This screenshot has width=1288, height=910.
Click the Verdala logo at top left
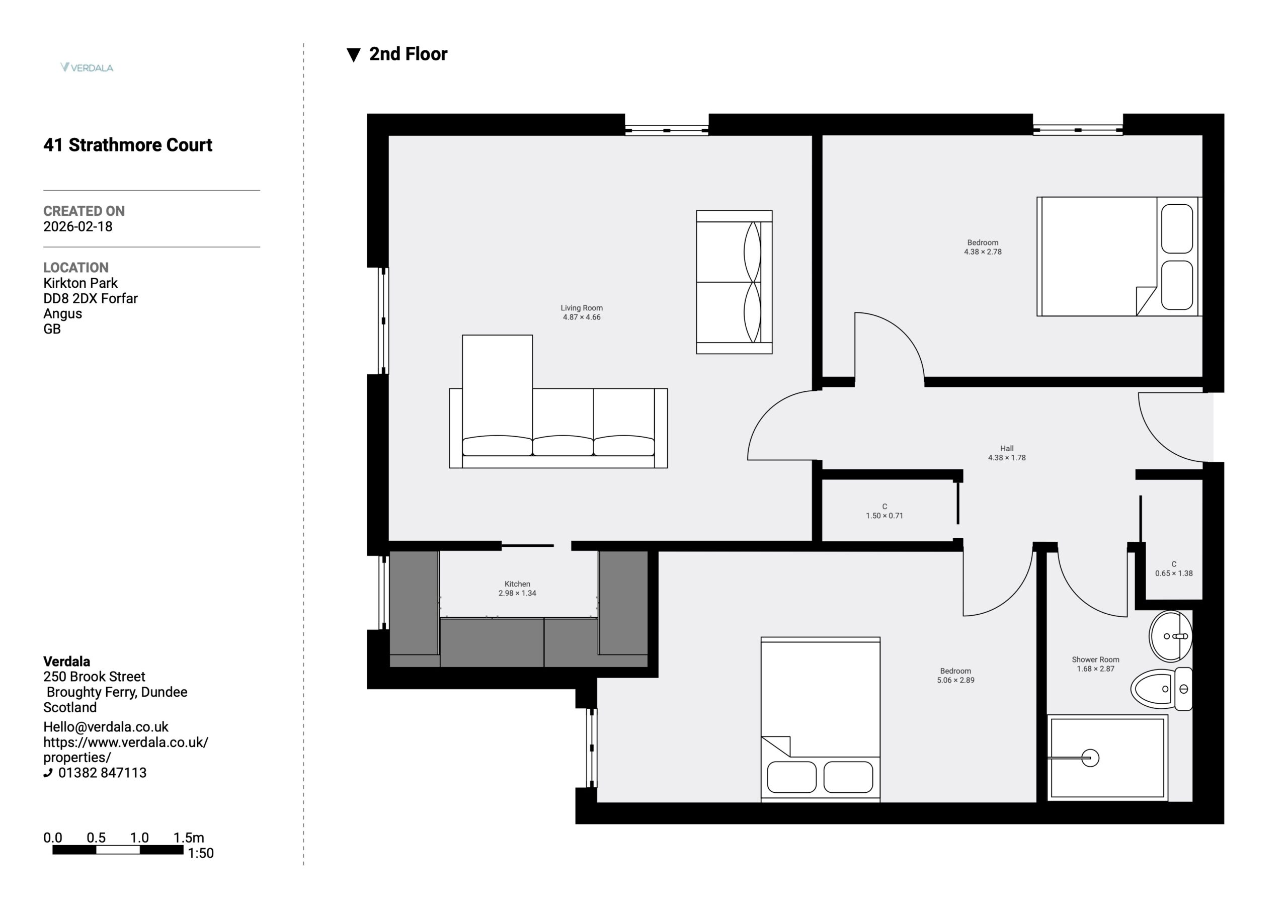[87, 67]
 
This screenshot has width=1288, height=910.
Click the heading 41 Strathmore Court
[128, 145]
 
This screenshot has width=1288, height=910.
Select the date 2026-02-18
[78, 227]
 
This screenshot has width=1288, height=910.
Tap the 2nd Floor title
[408, 54]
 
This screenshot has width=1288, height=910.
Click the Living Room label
[582, 308]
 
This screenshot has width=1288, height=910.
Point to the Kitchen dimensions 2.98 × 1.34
[517, 593]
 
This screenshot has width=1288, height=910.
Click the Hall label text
[1007, 448]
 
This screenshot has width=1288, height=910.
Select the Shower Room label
[1096, 660]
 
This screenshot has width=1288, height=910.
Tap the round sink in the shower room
[1171, 637]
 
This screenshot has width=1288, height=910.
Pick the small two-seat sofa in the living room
[735, 282]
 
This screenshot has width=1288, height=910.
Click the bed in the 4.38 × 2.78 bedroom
[1119, 257]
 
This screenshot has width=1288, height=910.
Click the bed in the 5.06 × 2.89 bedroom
[821, 719]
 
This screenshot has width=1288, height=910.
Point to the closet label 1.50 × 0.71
[884, 516]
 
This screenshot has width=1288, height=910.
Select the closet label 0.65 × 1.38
[1174, 573]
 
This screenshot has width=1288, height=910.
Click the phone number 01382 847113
[102, 773]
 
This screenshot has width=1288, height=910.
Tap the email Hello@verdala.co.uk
[106, 727]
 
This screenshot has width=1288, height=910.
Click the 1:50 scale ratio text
[200, 853]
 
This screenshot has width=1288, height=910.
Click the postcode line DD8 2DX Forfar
[91, 298]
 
